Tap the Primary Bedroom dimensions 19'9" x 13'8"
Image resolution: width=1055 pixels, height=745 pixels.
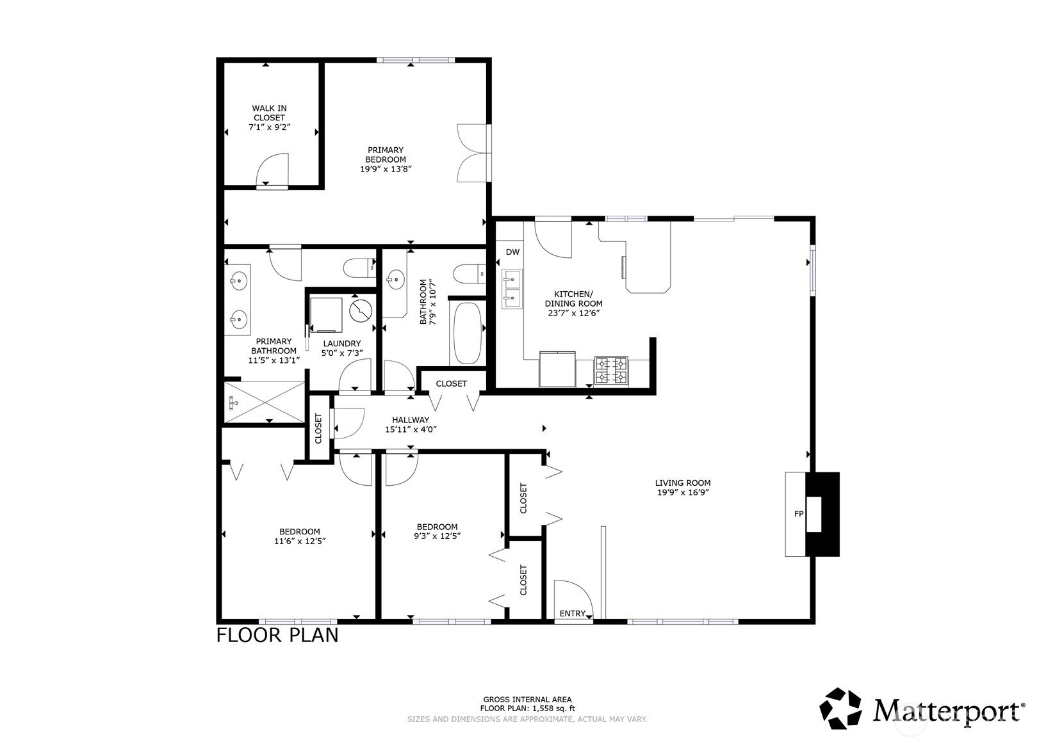coord(385,169)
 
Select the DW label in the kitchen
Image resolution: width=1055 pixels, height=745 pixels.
coord(512,252)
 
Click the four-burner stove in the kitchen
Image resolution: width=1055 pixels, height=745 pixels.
coord(611,371)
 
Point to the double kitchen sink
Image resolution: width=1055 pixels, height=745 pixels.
coord(512,289)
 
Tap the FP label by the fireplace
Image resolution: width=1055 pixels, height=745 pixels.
coord(798,514)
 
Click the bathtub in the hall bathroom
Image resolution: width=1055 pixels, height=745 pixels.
coord(468,333)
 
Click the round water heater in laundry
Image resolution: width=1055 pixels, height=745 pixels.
coord(361,310)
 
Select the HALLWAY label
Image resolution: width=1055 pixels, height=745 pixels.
coord(411,420)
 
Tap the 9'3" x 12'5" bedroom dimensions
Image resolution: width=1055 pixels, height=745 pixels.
coord(438,536)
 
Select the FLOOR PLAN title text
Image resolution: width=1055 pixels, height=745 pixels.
coord(277,636)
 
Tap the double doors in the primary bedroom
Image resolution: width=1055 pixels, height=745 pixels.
coord(473,154)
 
